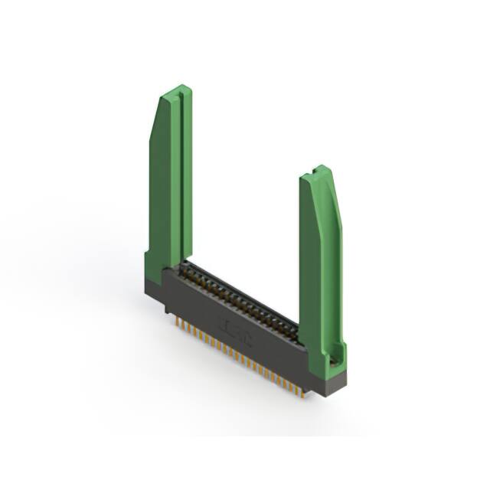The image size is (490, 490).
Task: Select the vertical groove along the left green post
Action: click(178, 176)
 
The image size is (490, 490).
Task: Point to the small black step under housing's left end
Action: click(165, 308)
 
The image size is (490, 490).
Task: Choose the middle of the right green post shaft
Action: click(322, 268)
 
